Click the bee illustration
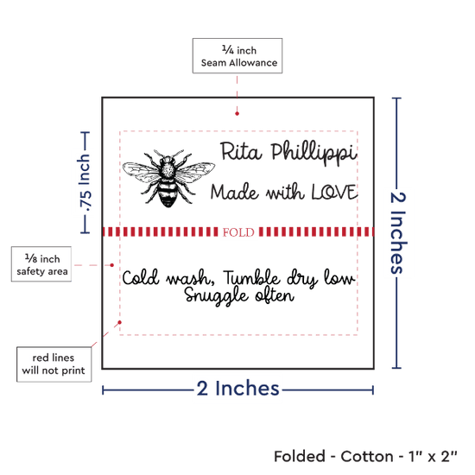pyautogui.click(x=168, y=178)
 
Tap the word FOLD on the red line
pyautogui.click(x=238, y=232)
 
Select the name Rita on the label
pyautogui.click(x=241, y=151)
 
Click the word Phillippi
pyautogui.click(x=313, y=153)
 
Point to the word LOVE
pyautogui.click(x=335, y=192)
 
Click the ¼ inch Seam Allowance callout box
pyautogui.click(x=237, y=56)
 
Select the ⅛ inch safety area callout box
pyautogui.click(x=41, y=264)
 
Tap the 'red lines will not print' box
pyautogui.click(x=54, y=364)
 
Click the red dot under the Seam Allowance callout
pyautogui.click(x=237, y=114)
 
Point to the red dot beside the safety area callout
pyautogui.click(x=111, y=265)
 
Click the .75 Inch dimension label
pyautogui.click(x=85, y=183)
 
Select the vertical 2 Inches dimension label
pyautogui.click(x=398, y=233)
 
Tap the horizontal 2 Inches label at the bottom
pyautogui.click(x=237, y=388)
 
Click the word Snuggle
pyautogui.click(x=217, y=295)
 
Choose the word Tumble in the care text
pyautogui.click(x=251, y=277)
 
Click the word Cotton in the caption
pyautogui.click(x=367, y=457)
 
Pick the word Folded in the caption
pyautogui.click(x=300, y=457)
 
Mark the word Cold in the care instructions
pyautogui.click(x=141, y=277)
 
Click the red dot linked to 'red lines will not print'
pyautogui.click(x=120, y=322)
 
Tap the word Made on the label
pyautogui.click(x=235, y=192)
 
